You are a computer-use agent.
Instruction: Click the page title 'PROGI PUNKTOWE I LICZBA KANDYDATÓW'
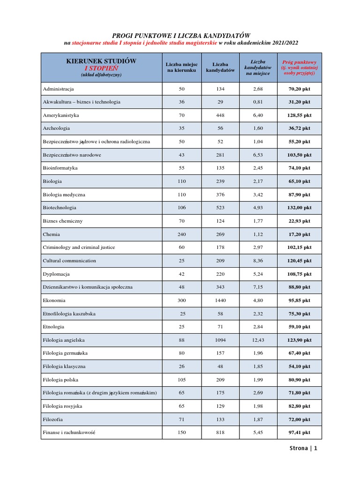pyautogui.click(x=180, y=35)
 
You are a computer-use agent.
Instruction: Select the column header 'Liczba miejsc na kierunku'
pyautogui.click(x=182, y=67)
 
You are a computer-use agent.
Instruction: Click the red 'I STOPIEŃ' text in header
pyautogui.click(x=101, y=68)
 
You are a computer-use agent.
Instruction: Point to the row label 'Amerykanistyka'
pyautogui.click(x=61, y=115)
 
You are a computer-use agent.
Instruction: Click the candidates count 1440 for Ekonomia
pyautogui.click(x=220, y=300)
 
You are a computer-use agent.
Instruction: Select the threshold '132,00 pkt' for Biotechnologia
pyautogui.click(x=299, y=208)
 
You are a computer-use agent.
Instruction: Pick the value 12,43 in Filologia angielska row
pyautogui.click(x=258, y=340)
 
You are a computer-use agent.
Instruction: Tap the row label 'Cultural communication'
pyautogui.click(x=69, y=261)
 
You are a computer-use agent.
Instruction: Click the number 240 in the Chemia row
pyautogui.click(x=182, y=234)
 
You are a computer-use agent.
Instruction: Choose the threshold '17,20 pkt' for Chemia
pyautogui.click(x=299, y=234)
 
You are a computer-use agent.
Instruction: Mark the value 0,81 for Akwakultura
pyautogui.click(x=258, y=102)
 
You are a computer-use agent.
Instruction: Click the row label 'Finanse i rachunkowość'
pyautogui.click(x=69, y=433)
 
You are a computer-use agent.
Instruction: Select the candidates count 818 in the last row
pyautogui.click(x=220, y=433)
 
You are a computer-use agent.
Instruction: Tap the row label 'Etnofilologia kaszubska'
pyautogui.click(x=70, y=314)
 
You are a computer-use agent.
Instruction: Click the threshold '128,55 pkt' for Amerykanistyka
pyautogui.click(x=299, y=115)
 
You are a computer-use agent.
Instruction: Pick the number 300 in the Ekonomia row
pyautogui.click(x=182, y=300)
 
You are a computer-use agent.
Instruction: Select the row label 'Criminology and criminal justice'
pyautogui.click(x=79, y=247)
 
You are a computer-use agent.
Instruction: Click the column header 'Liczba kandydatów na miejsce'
pyautogui.click(x=258, y=67)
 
